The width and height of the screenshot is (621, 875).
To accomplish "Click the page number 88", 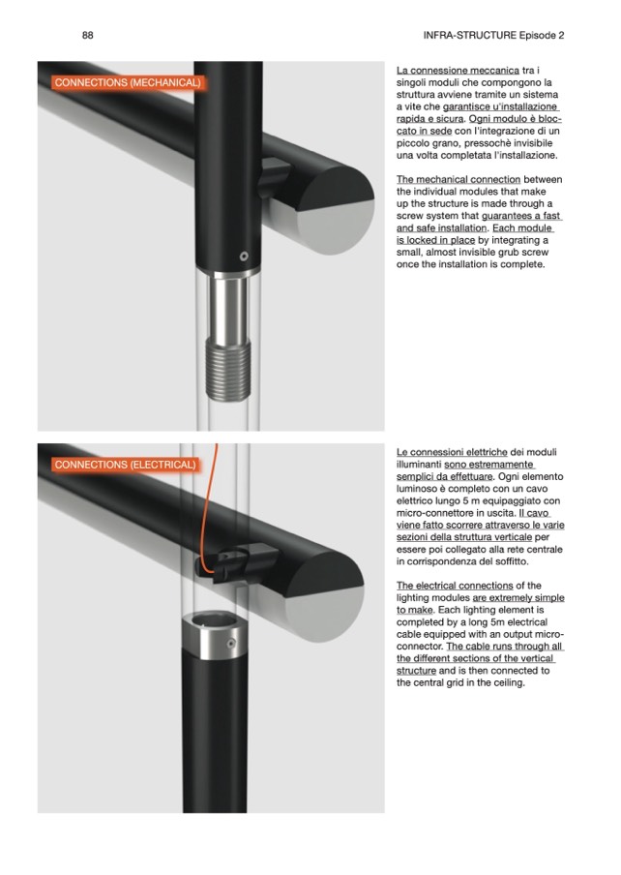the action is tap(87, 35).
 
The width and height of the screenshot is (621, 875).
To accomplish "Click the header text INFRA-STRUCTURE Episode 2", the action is tap(493, 35).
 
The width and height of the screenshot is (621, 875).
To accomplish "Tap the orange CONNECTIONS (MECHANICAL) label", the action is tap(129, 82).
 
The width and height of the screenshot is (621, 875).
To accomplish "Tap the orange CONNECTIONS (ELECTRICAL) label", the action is tap(126, 465).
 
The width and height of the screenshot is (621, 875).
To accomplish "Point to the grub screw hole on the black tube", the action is tap(244, 256).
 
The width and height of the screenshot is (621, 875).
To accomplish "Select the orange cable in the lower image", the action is tap(208, 508).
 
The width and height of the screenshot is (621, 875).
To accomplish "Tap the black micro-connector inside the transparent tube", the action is tap(237, 562).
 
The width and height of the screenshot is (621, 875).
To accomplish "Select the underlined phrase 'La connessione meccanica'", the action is tap(458, 71).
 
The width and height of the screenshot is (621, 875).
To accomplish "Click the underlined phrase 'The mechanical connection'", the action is tap(458, 179).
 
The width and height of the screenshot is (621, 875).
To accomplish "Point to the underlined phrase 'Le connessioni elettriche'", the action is tap(452, 452).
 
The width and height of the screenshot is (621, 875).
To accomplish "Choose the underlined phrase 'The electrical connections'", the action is tap(455, 586).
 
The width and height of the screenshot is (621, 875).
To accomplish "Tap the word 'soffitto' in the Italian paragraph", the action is tap(510, 561).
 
